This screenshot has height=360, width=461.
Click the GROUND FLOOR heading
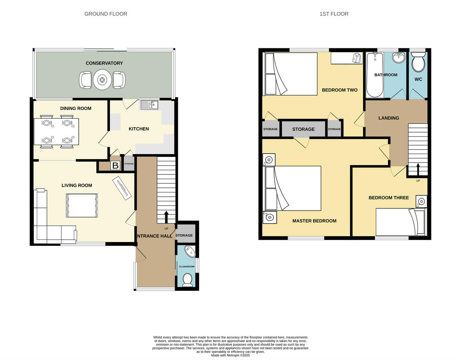click(x=106, y=14)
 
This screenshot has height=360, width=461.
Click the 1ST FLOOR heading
click(x=334, y=14)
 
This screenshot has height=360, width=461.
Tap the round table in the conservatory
click(x=102, y=80)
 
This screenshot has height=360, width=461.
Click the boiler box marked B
click(x=115, y=166)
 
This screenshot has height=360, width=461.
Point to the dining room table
click(x=56, y=132)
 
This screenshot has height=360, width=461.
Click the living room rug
click(x=82, y=206)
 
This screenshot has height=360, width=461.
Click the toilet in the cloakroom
click(x=187, y=280)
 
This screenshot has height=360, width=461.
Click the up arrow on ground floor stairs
click(x=166, y=217)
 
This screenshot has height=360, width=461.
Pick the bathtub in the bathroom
click(x=374, y=75)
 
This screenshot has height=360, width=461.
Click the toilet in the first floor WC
click(x=418, y=63)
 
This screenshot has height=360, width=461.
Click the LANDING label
click(x=388, y=118)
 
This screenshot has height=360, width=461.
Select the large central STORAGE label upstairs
click(x=303, y=129)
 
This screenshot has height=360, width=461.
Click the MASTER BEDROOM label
click(x=314, y=221)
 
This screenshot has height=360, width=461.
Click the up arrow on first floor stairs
click(x=418, y=169)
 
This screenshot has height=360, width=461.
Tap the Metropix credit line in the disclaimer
click(x=230, y=355)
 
